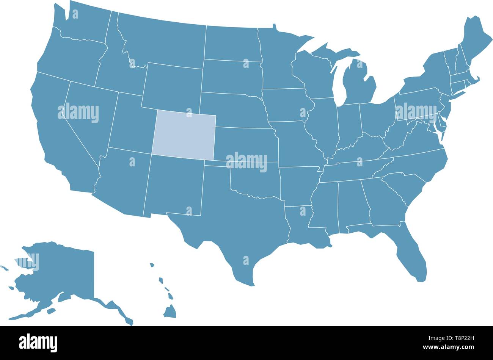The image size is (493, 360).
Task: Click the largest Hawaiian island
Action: pos(170,311)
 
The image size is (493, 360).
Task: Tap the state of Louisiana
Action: pos(300,227)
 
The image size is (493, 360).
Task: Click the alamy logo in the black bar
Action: pos(38,343)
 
